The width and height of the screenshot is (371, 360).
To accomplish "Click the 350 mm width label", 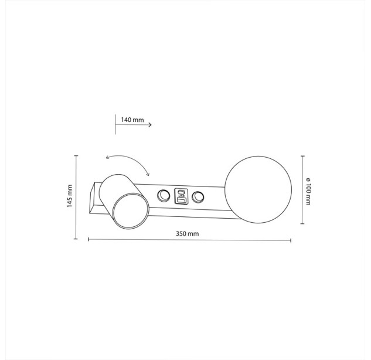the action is (x=187, y=233).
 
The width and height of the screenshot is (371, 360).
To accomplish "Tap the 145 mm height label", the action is (x=70, y=196).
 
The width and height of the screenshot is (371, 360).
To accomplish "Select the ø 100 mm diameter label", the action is (x=308, y=192).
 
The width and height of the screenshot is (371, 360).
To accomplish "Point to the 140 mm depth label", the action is (x=132, y=120).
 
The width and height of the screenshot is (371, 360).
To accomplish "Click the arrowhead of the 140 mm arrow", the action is (x=150, y=125).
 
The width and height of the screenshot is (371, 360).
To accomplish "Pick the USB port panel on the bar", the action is (x=181, y=196).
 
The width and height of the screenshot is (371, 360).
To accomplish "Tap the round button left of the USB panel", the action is (x=164, y=196).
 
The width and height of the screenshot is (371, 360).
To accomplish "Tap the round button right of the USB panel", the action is (x=198, y=197).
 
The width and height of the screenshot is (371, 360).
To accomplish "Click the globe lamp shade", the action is (x=258, y=189).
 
